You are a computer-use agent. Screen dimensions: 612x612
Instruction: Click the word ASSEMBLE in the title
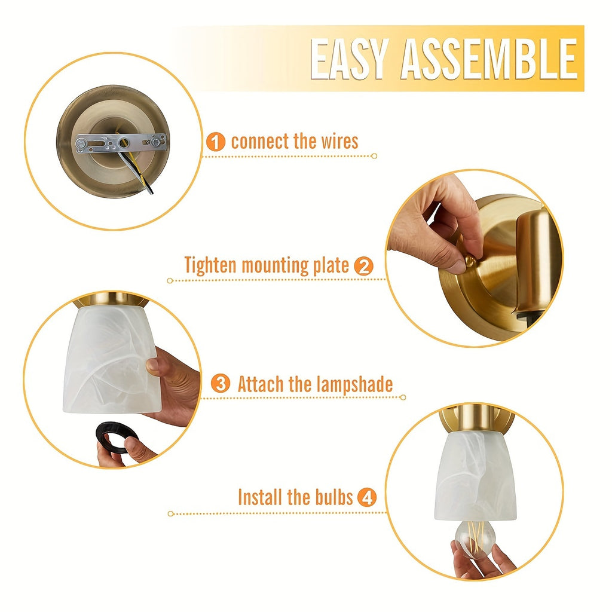489,59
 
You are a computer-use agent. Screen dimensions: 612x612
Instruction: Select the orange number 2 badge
363,267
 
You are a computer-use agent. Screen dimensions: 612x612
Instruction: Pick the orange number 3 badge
221,383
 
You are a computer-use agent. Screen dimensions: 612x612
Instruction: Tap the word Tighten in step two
210,266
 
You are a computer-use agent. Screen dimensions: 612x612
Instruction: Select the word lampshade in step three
354,384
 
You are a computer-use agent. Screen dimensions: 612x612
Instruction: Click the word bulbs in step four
333,497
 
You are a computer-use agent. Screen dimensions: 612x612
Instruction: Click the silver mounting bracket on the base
121,143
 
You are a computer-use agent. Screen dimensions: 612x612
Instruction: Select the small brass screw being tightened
470,261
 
